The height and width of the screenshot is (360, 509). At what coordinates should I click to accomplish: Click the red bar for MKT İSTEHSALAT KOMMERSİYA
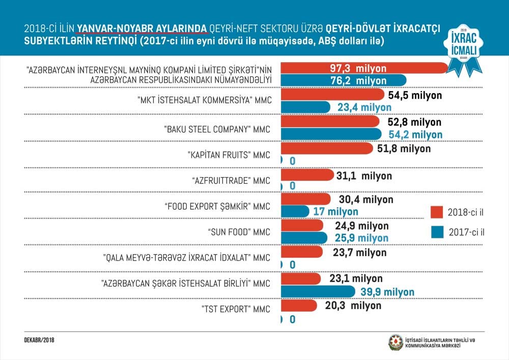click(331, 95)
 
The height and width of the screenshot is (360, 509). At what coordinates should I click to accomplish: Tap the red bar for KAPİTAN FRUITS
click(326, 149)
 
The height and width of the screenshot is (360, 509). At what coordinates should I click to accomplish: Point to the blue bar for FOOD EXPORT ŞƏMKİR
click(294, 211)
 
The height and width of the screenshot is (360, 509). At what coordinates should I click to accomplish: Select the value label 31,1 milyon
click(364, 176)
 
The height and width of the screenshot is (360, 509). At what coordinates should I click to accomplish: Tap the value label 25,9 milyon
click(361, 238)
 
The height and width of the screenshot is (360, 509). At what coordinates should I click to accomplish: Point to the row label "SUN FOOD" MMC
click(239, 232)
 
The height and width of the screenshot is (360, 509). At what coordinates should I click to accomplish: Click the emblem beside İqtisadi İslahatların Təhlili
click(395, 342)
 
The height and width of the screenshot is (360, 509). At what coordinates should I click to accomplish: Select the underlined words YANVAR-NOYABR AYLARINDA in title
click(142, 27)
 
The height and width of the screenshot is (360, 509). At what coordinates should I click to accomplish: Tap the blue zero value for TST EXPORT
click(292, 320)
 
